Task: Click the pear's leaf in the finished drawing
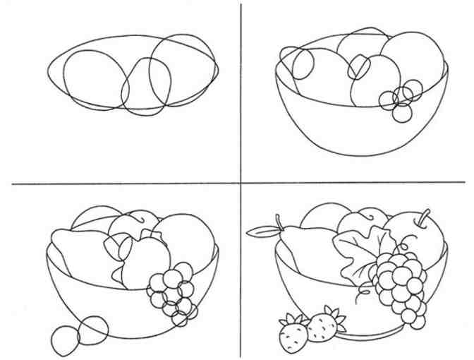coord(262,229)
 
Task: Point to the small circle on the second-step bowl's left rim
coord(303,65)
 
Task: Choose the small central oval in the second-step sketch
coord(358,68)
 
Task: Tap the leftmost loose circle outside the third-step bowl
coord(64,339)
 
